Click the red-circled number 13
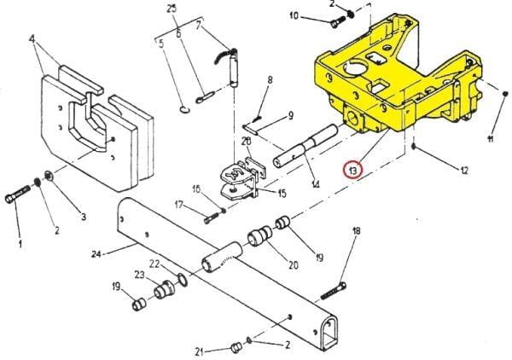[353, 169]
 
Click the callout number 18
[357, 231]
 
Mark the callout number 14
[315, 185]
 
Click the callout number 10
[294, 15]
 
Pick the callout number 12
[463, 171]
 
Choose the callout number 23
[138, 275]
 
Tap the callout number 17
[179, 205]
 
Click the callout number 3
[84, 217]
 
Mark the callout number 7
[200, 26]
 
